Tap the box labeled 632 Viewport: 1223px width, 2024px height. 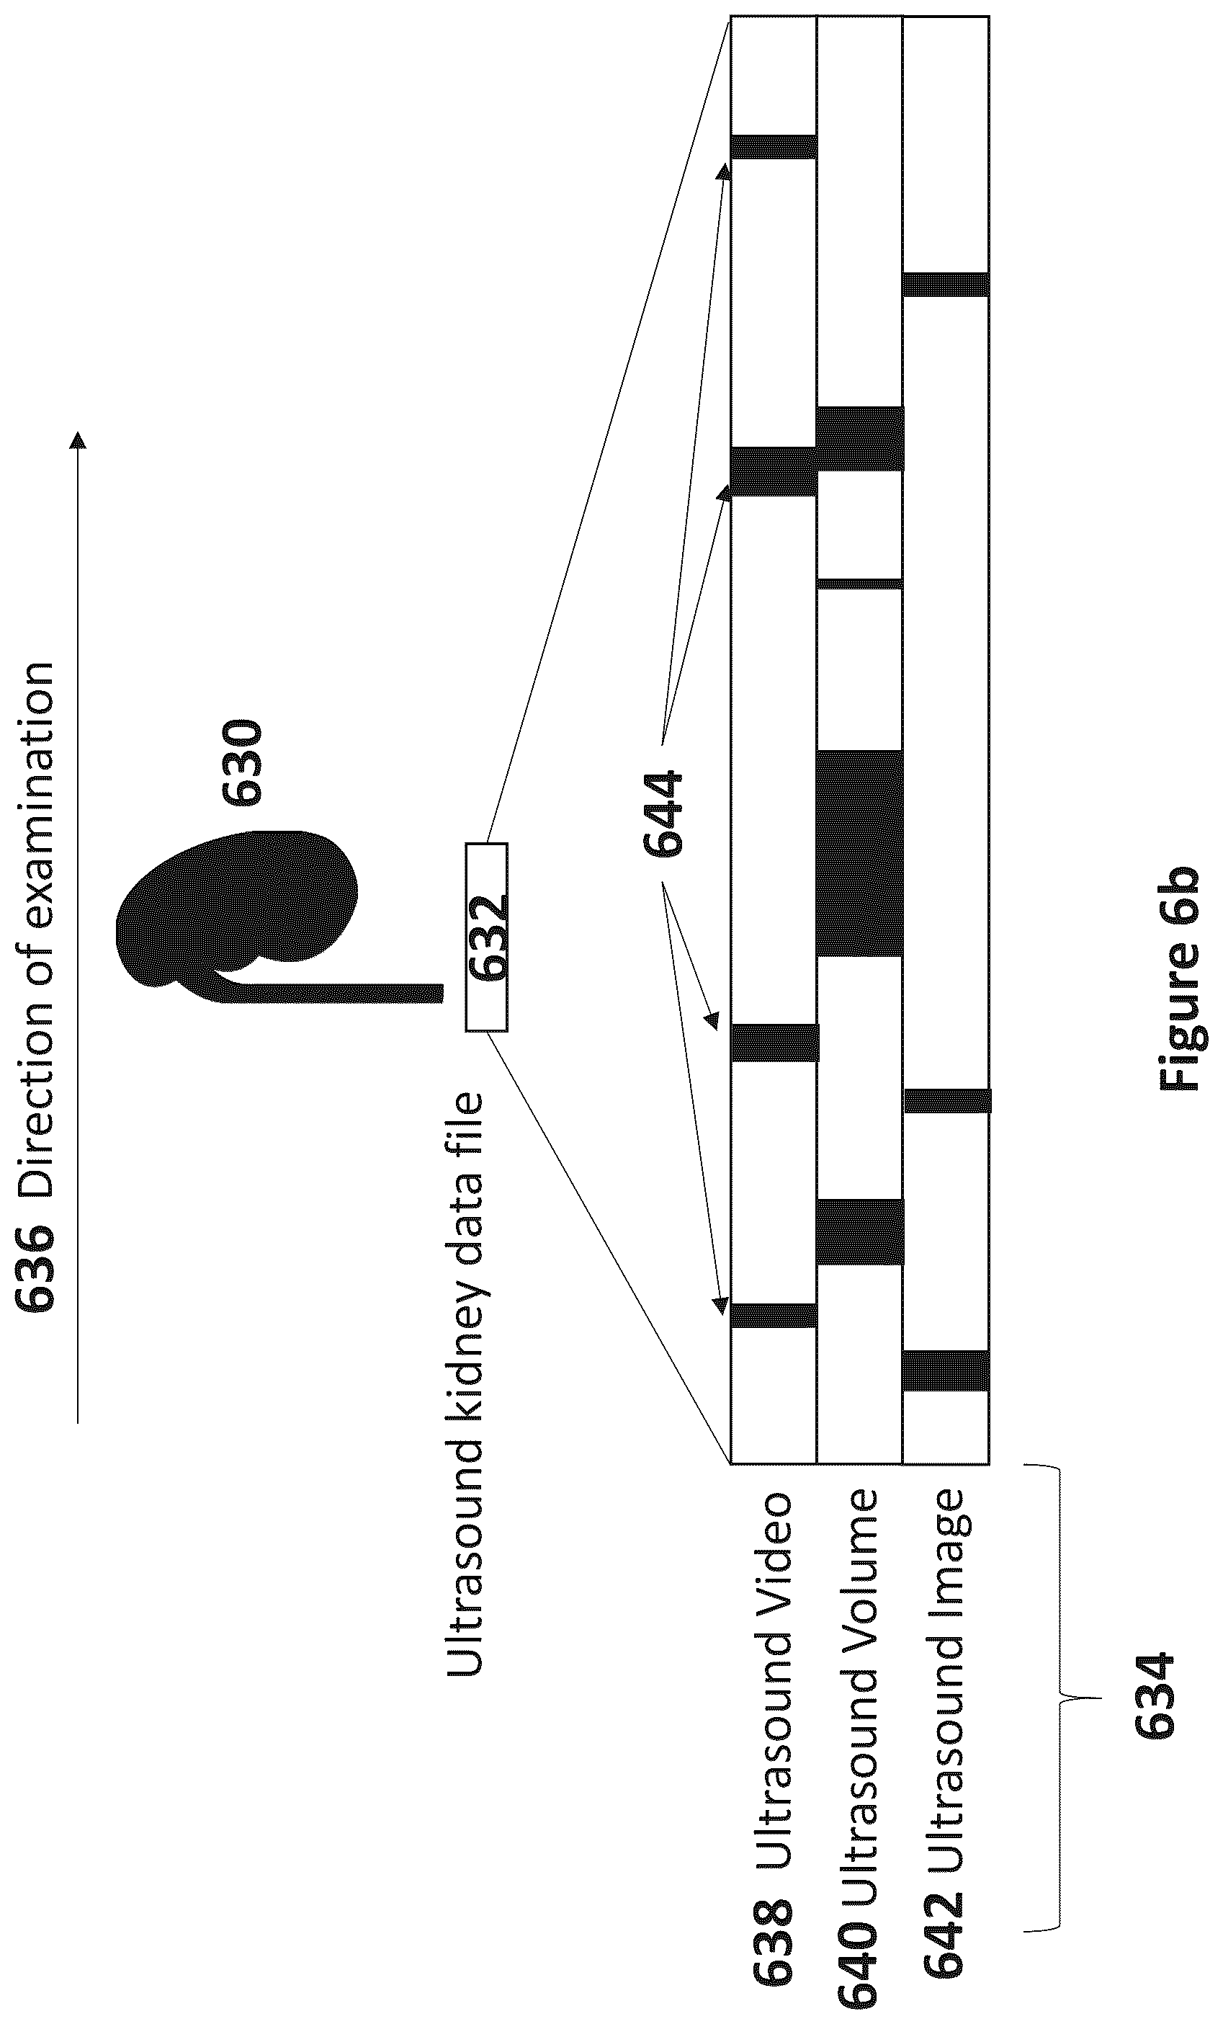[486, 937]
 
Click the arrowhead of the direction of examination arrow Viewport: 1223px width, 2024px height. [78, 441]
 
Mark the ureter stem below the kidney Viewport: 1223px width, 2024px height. [328, 993]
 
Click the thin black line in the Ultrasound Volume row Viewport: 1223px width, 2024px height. [859, 584]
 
